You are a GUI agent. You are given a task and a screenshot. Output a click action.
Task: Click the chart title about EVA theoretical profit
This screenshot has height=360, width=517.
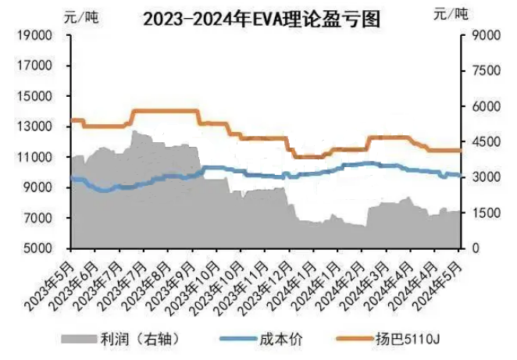click(x=262, y=19)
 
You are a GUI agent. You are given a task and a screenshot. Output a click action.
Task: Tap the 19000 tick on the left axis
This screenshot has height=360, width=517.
click(x=34, y=35)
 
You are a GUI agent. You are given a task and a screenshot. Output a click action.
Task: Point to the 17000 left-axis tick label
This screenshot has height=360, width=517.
click(x=34, y=66)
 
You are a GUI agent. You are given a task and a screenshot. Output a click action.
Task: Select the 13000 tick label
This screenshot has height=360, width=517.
click(x=34, y=127)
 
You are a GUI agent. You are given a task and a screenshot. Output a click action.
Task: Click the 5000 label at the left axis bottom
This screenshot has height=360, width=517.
click(x=37, y=248)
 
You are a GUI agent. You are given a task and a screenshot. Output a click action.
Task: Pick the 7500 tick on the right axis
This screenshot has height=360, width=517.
click(x=486, y=70)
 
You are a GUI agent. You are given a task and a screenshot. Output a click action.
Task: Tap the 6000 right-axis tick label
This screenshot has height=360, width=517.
click(x=486, y=106)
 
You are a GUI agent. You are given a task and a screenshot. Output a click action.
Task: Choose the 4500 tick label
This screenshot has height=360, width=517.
click(x=486, y=142)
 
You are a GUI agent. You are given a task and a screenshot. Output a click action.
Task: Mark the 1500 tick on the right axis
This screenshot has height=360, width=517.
click(x=486, y=213)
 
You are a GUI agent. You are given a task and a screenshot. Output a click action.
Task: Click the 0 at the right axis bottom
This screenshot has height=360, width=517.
click(x=476, y=248)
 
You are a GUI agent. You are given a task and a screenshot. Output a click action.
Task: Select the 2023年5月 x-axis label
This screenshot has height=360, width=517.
click(x=48, y=286)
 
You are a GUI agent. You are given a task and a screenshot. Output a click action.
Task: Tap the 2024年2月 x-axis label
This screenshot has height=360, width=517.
click(x=341, y=286)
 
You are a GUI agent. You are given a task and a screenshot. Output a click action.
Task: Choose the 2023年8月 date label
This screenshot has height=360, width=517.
click(x=146, y=286)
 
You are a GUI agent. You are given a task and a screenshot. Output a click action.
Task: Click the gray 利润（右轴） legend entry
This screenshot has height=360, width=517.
click(x=121, y=339)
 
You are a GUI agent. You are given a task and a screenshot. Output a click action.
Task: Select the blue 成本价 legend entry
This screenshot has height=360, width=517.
click(x=261, y=339)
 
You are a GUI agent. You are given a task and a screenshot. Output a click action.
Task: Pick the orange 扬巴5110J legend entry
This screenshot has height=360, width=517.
click(x=388, y=339)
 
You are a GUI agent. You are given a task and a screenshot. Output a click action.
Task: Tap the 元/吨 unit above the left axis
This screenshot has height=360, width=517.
click(x=81, y=16)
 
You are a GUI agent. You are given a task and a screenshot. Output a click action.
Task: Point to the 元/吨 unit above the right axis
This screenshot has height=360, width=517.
click(x=451, y=14)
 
